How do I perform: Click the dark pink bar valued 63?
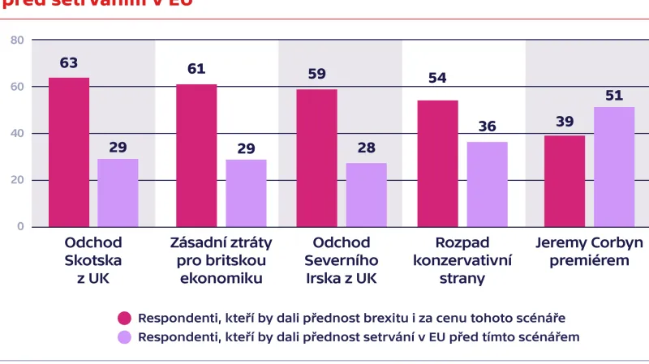point(69,152)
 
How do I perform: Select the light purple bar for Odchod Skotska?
point(118,193)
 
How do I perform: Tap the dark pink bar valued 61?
point(196,155)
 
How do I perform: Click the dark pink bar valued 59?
point(316,157)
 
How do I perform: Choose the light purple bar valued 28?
point(366,195)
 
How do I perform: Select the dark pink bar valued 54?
point(437,164)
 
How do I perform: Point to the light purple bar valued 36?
point(487,185)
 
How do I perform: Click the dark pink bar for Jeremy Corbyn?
point(565,181)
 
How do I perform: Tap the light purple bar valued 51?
point(614,167)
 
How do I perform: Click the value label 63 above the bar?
point(69,63)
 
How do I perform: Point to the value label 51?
point(614,95)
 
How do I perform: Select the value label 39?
point(565,122)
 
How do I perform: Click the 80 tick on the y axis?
point(17,40)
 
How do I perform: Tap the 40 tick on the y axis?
point(17,133)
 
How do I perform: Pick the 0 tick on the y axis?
point(20,227)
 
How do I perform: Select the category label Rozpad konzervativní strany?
point(461,260)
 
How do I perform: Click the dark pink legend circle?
point(125,317)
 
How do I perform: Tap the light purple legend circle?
point(125,336)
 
